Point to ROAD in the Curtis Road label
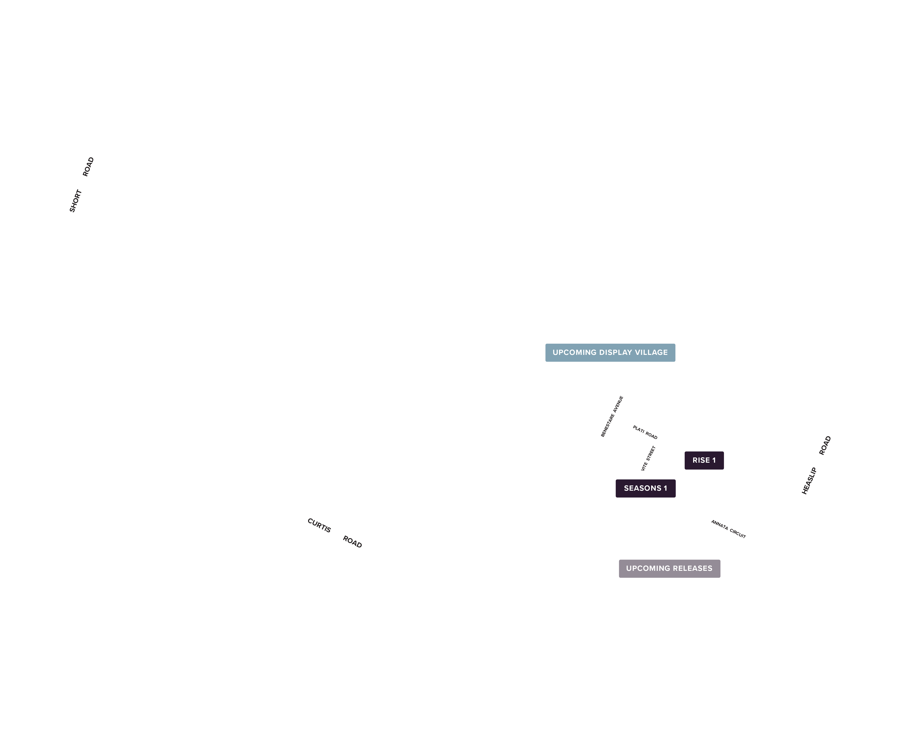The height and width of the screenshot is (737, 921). tap(352, 542)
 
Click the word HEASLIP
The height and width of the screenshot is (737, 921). tap(809, 481)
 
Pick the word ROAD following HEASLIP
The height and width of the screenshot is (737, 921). tap(825, 445)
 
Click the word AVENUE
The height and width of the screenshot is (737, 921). tap(618, 404)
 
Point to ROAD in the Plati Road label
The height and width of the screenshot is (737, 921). tap(652, 435)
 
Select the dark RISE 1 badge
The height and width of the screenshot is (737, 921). tap(704, 460)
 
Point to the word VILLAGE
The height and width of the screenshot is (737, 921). tap(652, 352)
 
